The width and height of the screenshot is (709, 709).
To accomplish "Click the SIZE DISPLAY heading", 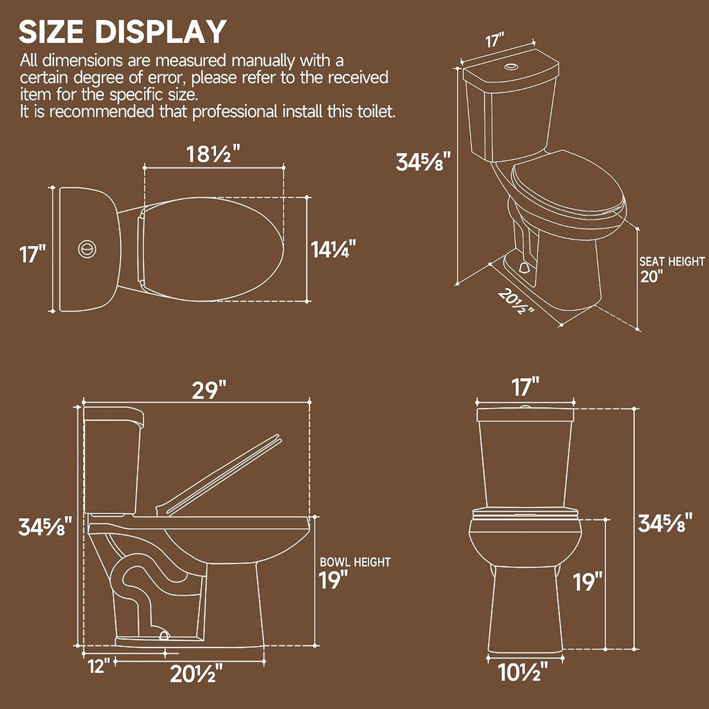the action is click(123, 32).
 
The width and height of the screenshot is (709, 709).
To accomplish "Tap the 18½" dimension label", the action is click(213, 154).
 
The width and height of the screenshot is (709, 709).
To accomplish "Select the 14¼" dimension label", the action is click(333, 249).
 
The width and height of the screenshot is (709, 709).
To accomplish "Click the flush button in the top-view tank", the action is click(87, 249).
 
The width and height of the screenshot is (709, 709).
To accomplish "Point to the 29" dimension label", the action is click(209, 391).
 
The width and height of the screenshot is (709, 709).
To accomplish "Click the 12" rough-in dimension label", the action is click(98, 666).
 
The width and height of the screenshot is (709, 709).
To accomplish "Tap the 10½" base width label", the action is click(523, 672).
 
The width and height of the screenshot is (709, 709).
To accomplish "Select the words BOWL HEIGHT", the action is click(355, 562).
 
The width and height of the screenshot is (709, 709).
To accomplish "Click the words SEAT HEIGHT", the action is click(672, 261).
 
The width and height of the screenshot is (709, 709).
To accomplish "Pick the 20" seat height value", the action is click(652, 276).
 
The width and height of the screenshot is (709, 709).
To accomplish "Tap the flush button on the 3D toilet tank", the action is click(512, 67).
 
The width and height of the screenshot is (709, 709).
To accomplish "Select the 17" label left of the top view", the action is click(33, 253).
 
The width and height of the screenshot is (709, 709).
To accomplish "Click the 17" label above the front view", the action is click(526, 387).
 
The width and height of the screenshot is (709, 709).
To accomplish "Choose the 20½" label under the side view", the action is click(196, 674).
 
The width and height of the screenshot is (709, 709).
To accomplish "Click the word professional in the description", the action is click(235, 111).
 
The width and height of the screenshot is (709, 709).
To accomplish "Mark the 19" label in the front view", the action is click(588, 582).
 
